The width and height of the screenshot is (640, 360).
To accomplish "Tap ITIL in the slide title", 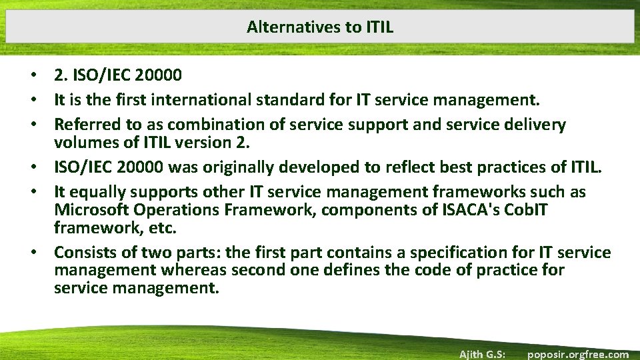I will [379, 27].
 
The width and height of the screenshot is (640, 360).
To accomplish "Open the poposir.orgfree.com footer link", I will [577, 354].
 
